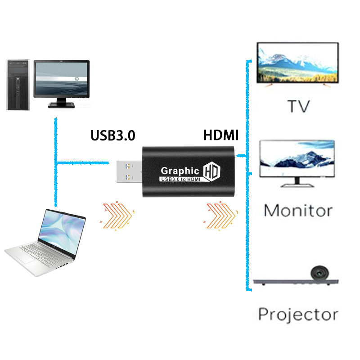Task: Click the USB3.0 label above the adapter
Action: coord(113,135)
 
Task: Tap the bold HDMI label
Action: coord(221,135)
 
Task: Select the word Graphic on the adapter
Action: coord(180,171)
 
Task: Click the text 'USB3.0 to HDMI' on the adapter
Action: coord(180,180)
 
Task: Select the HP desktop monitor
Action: coord(62,81)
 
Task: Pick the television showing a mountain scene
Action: coord(297,63)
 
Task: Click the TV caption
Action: coord(298,107)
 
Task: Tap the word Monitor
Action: coord(298,210)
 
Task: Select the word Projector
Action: coord(298,314)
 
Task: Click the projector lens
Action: coord(320,273)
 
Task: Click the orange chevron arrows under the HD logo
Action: coord(220,215)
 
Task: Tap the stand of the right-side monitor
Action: coord(297,182)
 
